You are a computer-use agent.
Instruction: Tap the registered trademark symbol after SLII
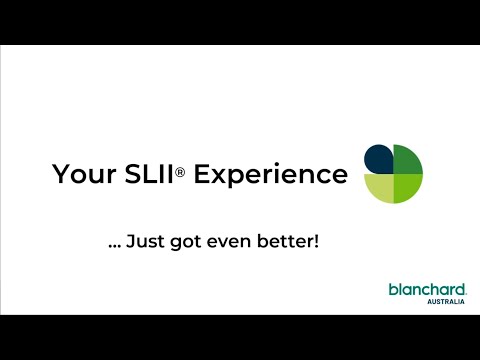pyautogui.click(x=181, y=171)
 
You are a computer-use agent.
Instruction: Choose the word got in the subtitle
pyautogui.click(x=185, y=242)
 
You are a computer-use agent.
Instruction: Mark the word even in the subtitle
pyautogui.click(x=229, y=242)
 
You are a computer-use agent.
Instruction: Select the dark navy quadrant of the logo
pyautogui.click(x=378, y=158)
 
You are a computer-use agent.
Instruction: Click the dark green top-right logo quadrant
pyautogui.click(x=407, y=159)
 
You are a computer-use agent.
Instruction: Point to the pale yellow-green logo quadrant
pyautogui.click(x=378, y=188)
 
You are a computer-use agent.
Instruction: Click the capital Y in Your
pyautogui.click(x=59, y=175)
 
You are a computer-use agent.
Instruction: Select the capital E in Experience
pyautogui.click(x=201, y=175)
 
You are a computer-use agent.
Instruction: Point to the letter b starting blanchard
pyautogui.click(x=393, y=289)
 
